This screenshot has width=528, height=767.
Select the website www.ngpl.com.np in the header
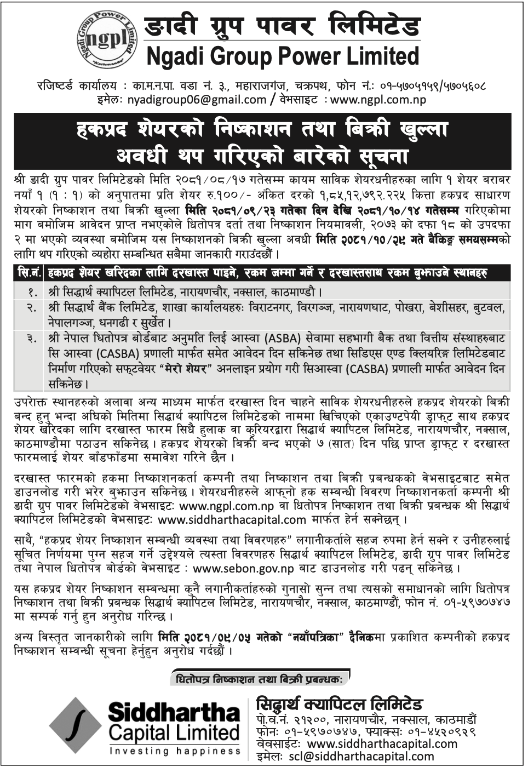click(378, 99)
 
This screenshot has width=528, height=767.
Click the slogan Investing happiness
click(174, 751)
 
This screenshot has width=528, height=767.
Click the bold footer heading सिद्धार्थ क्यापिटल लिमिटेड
click(338, 703)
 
